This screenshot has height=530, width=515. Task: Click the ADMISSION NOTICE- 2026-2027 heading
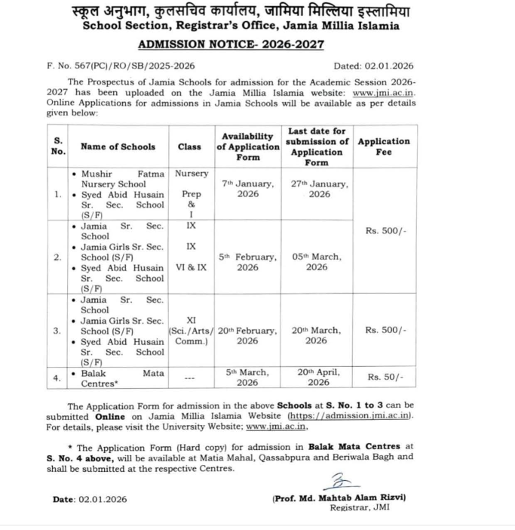pyautogui.click(x=231, y=44)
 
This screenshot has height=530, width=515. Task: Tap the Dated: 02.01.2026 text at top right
pyautogui.click(x=373, y=66)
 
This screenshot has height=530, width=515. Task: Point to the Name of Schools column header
pyautogui.click(x=118, y=146)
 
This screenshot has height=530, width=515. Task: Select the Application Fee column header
pyautogui.click(x=384, y=146)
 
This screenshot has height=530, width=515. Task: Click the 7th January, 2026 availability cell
pyautogui.click(x=247, y=189)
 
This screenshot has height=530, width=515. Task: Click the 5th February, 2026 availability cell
pyautogui.click(x=247, y=261)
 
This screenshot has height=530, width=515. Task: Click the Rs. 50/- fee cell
pyautogui.click(x=385, y=377)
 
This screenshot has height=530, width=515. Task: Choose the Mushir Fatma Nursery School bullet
pyautogui.click(x=121, y=178)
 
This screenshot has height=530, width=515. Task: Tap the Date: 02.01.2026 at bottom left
pyautogui.click(x=90, y=499)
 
